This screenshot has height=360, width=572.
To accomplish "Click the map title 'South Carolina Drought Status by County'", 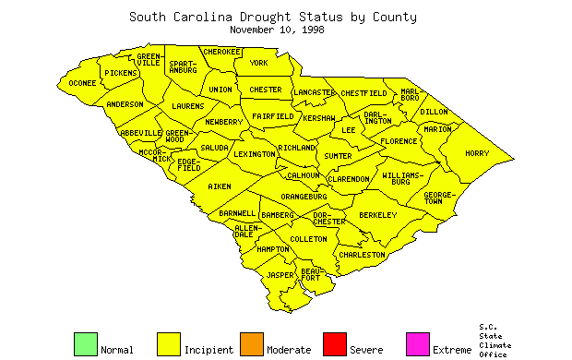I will click(x=272, y=17).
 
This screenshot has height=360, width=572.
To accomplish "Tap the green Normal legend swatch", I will click(x=85, y=343).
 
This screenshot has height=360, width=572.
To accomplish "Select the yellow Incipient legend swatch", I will click(x=168, y=343).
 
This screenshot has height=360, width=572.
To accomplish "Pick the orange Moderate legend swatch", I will click(x=251, y=343).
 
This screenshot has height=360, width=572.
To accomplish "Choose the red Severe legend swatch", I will click(x=334, y=343).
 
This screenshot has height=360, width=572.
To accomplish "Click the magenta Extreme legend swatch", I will click(x=417, y=343).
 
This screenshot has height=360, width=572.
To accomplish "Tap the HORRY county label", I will click(x=477, y=153).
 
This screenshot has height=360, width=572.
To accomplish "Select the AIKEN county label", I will click(x=220, y=186).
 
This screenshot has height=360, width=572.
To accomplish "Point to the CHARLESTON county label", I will click(x=362, y=254).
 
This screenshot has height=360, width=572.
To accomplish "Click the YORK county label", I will click(x=258, y=63).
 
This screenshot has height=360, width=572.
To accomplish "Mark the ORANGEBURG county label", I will click(x=304, y=197).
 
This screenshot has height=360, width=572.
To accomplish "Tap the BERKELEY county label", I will click(x=377, y=215).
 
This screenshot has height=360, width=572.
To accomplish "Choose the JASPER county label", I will click(x=280, y=275).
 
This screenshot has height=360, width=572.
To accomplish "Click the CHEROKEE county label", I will click(x=221, y=52).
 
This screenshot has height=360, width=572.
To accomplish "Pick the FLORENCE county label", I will click(x=399, y=141).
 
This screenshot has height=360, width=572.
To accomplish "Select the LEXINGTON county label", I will click(x=254, y=154).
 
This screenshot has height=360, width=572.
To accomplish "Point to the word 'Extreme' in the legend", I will click(x=451, y=350).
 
